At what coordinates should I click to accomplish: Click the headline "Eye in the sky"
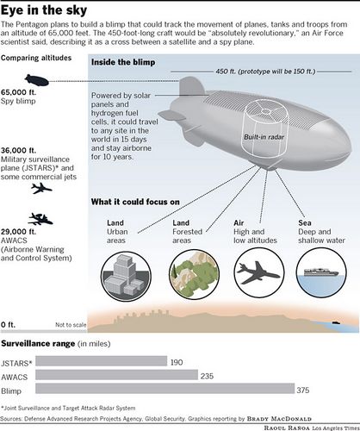(44, 10)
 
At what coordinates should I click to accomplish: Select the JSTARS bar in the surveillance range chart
(102, 361)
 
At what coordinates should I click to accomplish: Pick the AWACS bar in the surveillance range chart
(117, 375)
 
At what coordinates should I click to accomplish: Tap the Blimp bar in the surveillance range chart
(165, 389)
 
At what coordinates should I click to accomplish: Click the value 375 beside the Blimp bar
(303, 390)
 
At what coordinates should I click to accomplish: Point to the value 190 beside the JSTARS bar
(177, 362)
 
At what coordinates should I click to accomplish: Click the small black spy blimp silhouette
(37, 80)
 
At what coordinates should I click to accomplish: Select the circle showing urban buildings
(126, 276)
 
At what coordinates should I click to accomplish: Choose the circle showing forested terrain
(195, 274)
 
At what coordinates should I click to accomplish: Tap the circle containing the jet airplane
(259, 272)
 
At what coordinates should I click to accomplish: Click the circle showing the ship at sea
(321, 272)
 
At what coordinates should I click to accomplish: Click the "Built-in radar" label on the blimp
(264, 137)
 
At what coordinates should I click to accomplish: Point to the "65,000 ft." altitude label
(19, 92)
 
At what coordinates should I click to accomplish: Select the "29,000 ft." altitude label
(19, 232)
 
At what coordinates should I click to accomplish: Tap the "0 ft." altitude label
(8, 325)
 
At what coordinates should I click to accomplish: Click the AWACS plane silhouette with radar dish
(40, 219)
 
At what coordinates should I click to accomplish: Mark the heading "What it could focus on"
(135, 202)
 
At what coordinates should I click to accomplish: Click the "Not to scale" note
(71, 325)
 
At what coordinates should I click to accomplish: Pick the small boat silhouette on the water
(336, 322)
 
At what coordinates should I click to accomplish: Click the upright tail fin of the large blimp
(190, 86)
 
